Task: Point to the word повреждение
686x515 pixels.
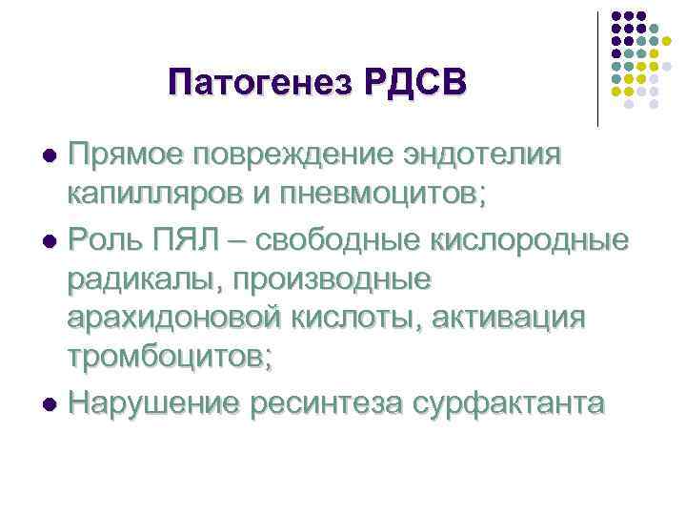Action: tap(292, 155)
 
